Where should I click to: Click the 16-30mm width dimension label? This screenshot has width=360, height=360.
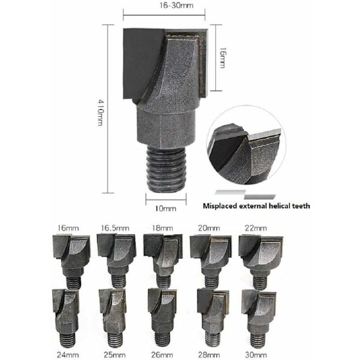click(176, 5)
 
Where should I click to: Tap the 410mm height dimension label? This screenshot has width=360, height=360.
click(101, 112)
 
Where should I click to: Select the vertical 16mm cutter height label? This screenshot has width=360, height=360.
click(222, 58)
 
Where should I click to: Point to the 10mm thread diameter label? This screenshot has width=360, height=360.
click(166, 208)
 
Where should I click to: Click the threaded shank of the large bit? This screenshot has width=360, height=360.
click(166, 169)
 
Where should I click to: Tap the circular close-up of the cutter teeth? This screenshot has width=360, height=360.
click(246, 145)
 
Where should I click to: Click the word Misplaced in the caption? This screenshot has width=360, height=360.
click(220, 206)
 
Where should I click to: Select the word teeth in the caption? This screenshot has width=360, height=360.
click(301, 206)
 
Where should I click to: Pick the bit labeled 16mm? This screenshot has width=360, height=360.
click(71, 260)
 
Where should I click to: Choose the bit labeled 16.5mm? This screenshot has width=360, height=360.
click(116, 260)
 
